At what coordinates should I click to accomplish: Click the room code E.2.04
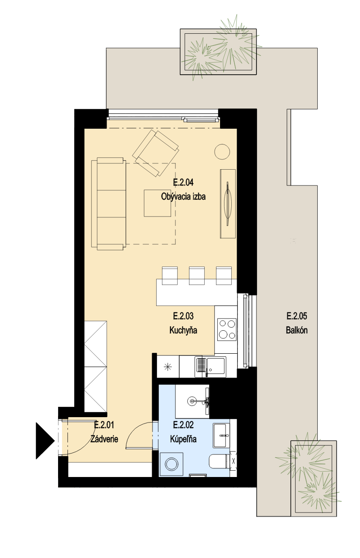pyautogui.click(x=183, y=183)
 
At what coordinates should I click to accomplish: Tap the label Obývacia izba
pyautogui.click(x=183, y=197)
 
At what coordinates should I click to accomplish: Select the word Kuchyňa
pyautogui.click(x=183, y=330)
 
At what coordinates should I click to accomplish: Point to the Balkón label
pyautogui.click(x=297, y=330)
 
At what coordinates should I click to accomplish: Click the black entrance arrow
pyautogui.click(x=45, y=441)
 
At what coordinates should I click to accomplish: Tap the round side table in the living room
pyautogui.click(x=222, y=152)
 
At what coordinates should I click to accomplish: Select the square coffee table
pyautogui.click(x=157, y=203)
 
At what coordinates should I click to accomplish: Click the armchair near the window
pyautogui.click(x=155, y=153)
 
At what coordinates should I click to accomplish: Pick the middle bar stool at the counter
pyautogui.click(x=197, y=275)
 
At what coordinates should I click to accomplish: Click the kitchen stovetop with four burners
pyautogui.click(x=227, y=329)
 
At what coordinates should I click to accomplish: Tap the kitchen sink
pyautogui.click(x=211, y=366)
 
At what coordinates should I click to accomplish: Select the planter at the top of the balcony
pyautogui.click(x=218, y=52)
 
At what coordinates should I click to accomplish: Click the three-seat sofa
pyautogui.click(x=108, y=204)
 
